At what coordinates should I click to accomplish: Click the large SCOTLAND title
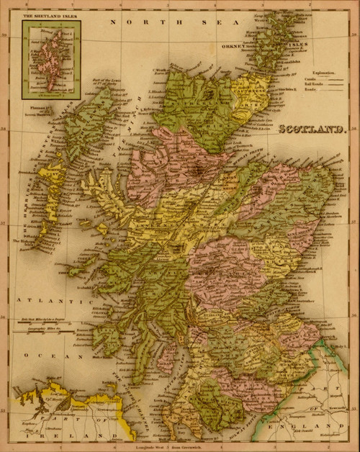click(302, 132)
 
